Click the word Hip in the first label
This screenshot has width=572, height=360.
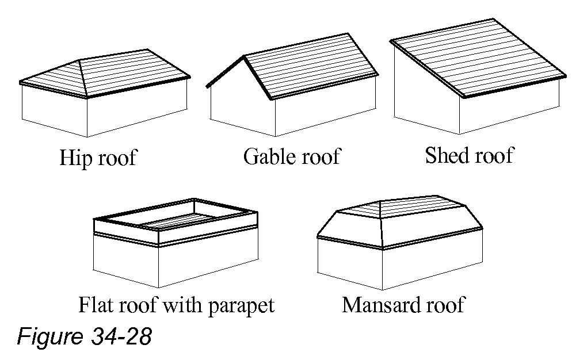[x=73, y=158]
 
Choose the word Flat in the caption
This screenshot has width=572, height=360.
[x=96, y=305]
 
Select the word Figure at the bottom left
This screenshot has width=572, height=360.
[x=49, y=337]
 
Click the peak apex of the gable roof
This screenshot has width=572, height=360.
[x=244, y=56]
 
